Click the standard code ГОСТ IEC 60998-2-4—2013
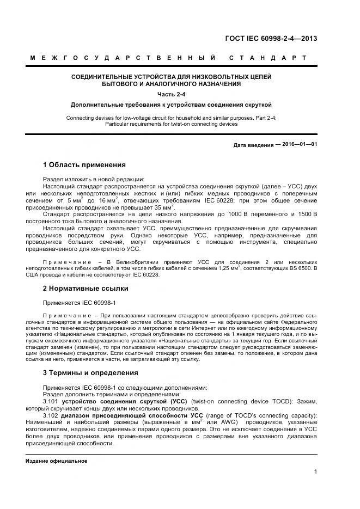pos(271,38)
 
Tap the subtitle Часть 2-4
pos(171,94)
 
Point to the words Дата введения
pos(253,145)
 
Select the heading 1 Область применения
pos(84,164)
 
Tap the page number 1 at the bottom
pos(315,471)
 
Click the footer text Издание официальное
pos(57,461)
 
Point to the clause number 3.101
pos(51,401)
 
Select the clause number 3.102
pos(51,415)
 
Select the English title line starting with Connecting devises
pos(171,118)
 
